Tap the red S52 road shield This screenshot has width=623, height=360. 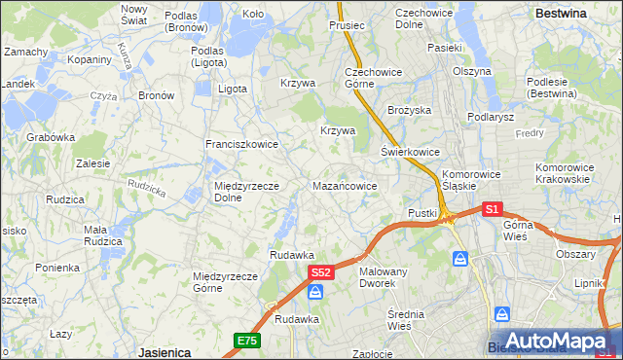pyautogui.click(x=322, y=275)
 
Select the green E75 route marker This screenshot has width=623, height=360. pyautogui.click(x=246, y=340)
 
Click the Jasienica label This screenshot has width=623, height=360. pyautogui.click(x=163, y=352)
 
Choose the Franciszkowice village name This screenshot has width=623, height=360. pyautogui.click(x=241, y=144)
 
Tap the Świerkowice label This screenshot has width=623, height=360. pyautogui.click(x=410, y=152)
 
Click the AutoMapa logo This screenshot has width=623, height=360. pyautogui.click(x=558, y=341)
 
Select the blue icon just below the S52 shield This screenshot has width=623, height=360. pyautogui.click(x=315, y=292)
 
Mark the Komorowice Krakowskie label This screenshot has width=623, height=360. pyautogui.click(x=563, y=173)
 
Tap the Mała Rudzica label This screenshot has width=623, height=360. pyautogui.click(x=102, y=235)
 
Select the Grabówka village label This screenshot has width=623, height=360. pyautogui.click(x=51, y=137)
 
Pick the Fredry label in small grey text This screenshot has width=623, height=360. pyautogui.click(x=531, y=132)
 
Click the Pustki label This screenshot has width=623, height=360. pyautogui.click(x=422, y=213)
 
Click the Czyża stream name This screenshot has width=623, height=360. pyautogui.click(x=103, y=96)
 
